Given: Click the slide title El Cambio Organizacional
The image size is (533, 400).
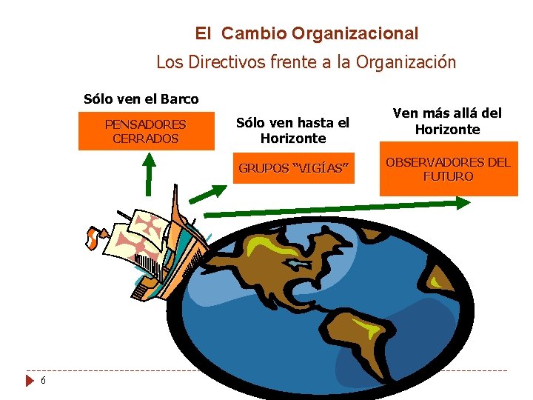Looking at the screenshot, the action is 306,33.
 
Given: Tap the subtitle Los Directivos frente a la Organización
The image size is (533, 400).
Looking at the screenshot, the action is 306,62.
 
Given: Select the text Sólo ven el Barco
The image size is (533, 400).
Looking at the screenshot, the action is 141,99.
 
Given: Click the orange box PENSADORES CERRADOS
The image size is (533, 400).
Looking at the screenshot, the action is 146,131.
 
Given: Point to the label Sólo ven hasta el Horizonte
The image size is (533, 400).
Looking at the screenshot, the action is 292,130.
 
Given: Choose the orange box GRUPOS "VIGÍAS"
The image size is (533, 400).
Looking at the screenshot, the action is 292,168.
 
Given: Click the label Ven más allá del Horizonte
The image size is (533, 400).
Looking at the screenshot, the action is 447,121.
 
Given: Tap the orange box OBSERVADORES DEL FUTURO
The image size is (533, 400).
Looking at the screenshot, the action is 448,170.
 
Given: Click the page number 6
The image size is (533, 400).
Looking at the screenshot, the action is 44,380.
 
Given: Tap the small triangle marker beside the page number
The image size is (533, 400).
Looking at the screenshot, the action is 30,381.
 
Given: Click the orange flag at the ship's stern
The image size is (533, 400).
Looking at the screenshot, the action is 92,238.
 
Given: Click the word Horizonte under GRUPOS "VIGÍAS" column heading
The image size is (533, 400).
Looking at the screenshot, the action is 293,139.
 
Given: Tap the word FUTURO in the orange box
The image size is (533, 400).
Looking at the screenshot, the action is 448,176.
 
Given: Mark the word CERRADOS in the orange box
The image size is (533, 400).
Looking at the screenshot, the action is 146,139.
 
